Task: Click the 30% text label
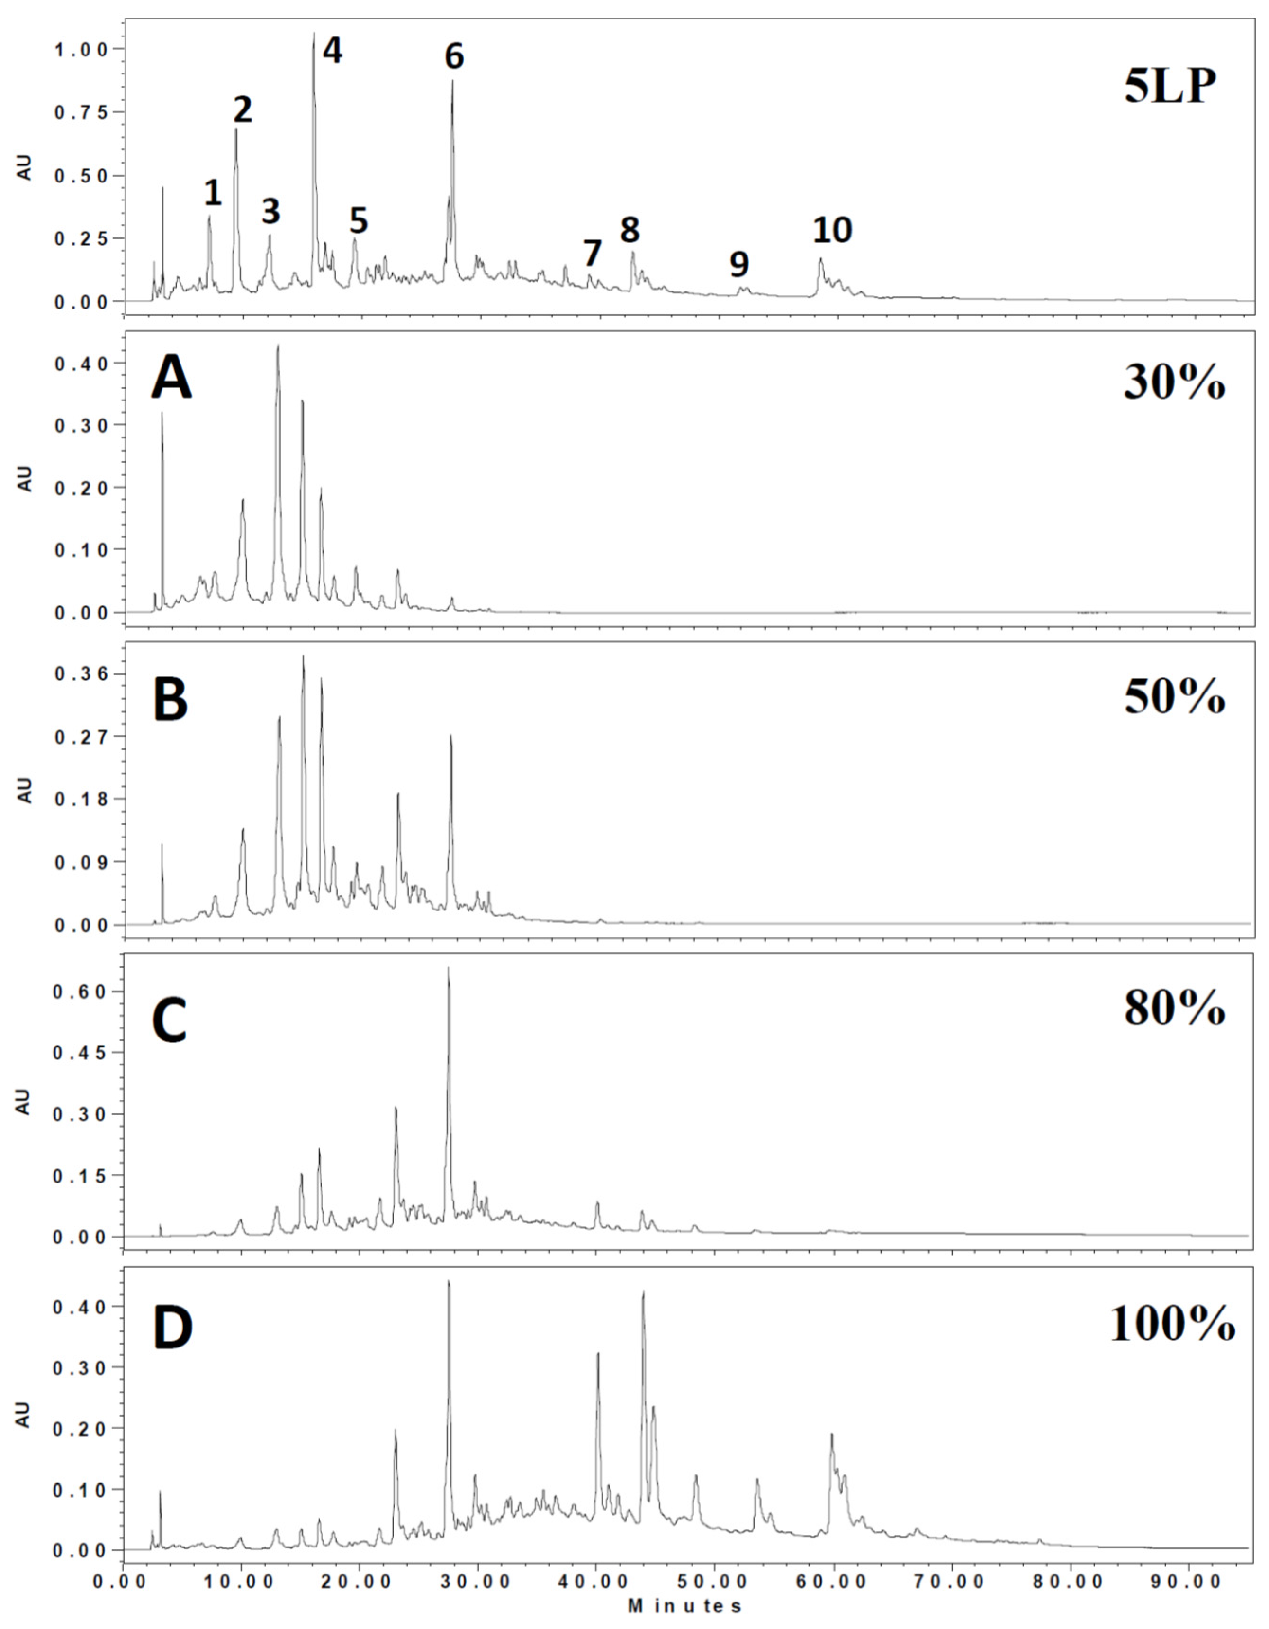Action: (x=1174, y=386)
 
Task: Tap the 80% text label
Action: (x=1174, y=1009)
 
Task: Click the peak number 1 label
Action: (x=213, y=194)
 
